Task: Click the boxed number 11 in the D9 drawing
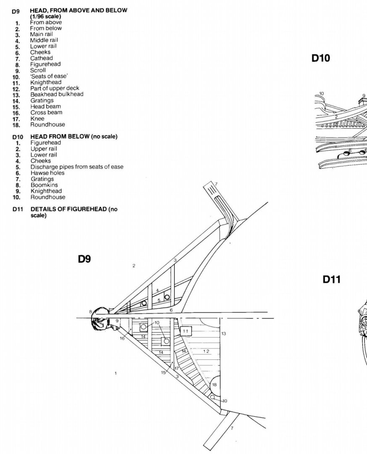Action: pyautogui.click(x=186, y=331)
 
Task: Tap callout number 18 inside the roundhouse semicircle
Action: pyautogui.click(x=214, y=385)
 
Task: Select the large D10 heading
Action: pyautogui.click(x=321, y=58)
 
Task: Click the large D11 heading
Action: pyautogui.click(x=331, y=280)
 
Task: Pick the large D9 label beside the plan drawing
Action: pyautogui.click(x=84, y=259)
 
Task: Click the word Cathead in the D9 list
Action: pyautogui.click(x=42, y=58)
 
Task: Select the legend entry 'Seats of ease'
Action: pyautogui.click(x=49, y=76)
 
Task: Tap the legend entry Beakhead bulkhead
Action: pyautogui.click(x=57, y=94)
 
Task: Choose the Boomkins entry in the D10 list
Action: pyautogui.click(x=44, y=185)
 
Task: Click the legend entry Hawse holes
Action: pyautogui.click(x=48, y=173)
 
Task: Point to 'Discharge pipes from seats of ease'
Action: pyautogui.click(x=77, y=167)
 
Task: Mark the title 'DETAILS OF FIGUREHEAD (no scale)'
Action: pyautogui.click(x=74, y=212)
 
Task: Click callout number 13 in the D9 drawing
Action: pyautogui.click(x=223, y=333)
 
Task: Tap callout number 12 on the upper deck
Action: pyautogui.click(x=206, y=351)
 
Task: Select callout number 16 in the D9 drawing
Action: pyautogui.click(x=122, y=338)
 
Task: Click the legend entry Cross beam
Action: pyautogui.click(x=46, y=112)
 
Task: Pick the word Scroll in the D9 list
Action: pyautogui.click(x=38, y=70)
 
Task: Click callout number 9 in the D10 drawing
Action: pyautogui.click(x=364, y=95)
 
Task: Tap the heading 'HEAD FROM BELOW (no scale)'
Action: pyautogui.click(x=74, y=136)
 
